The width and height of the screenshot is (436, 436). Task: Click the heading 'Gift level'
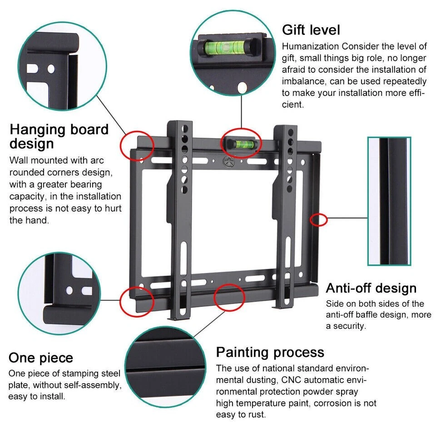click(x=311, y=30)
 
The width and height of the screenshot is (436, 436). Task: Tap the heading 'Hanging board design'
click(x=59, y=136)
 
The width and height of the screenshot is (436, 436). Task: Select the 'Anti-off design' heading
click(x=371, y=288)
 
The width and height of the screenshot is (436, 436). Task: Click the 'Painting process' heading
click(x=270, y=352)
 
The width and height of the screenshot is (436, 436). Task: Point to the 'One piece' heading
click(x=41, y=357)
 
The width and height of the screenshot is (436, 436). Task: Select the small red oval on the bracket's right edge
click(x=318, y=220)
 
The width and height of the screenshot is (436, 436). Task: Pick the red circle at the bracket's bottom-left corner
click(x=136, y=300)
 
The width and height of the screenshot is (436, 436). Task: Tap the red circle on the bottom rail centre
click(x=229, y=297)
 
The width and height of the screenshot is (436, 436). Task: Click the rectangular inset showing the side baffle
click(x=389, y=201)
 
